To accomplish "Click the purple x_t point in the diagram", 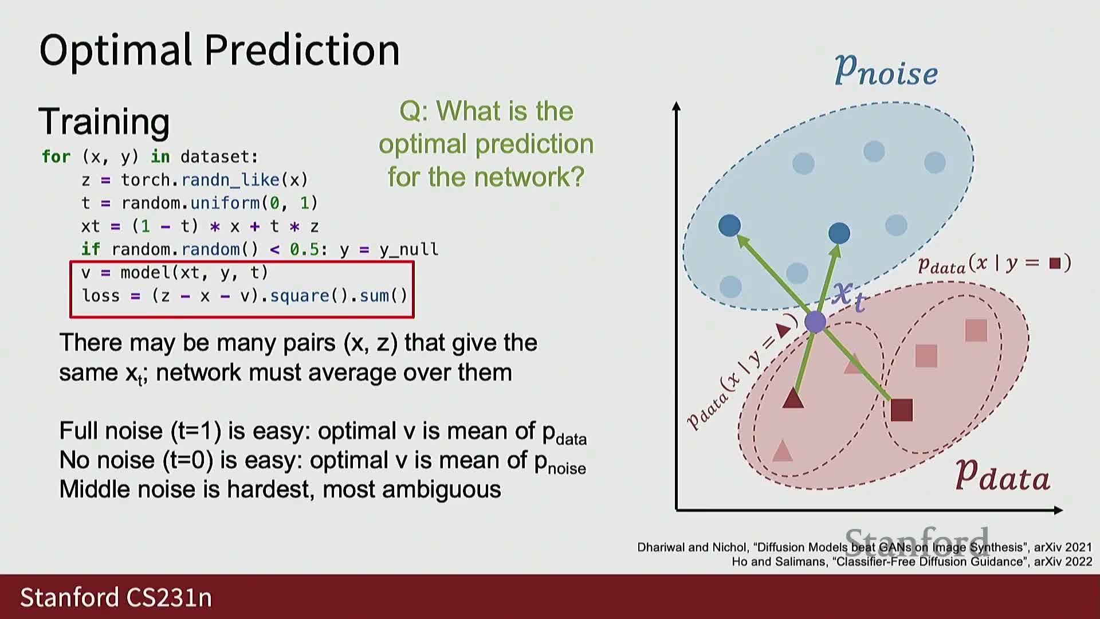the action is pyautogui.click(x=815, y=322).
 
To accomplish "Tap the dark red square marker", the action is pyautogui.click(x=902, y=410).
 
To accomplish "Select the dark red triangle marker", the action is pyautogui.click(x=793, y=398).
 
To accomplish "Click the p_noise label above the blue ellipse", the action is pyautogui.click(x=886, y=71).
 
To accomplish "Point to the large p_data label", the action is pyautogui.click(x=1003, y=476).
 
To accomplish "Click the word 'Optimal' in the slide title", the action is pyautogui.click(x=115, y=50).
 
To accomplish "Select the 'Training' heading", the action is pyautogui.click(x=104, y=122).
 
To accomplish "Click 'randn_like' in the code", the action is pyautogui.click(x=230, y=180).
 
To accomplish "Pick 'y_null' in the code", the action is pyautogui.click(x=409, y=250).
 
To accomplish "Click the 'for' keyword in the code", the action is pyautogui.click(x=56, y=156).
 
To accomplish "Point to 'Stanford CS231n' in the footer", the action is pyautogui.click(x=116, y=597).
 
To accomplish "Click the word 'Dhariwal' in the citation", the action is pyautogui.click(x=661, y=547).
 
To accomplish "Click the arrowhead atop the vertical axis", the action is pyautogui.click(x=677, y=106).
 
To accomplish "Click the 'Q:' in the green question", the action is pyautogui.click(x=414, y=111).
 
